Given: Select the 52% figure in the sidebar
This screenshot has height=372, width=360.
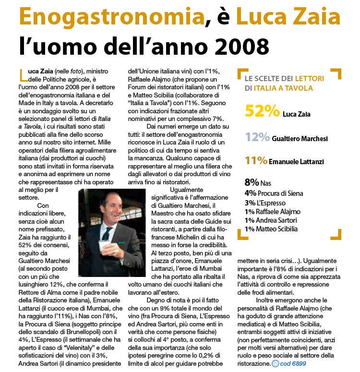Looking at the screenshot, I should pos(262,111).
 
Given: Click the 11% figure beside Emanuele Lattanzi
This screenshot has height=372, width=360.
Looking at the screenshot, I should pos(257,160).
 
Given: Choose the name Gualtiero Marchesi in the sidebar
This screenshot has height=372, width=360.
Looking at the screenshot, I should pos(300,138).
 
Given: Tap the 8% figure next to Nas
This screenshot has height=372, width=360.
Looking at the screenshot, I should pos(252,183).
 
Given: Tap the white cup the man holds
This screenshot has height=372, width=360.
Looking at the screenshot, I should pos(103,245).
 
